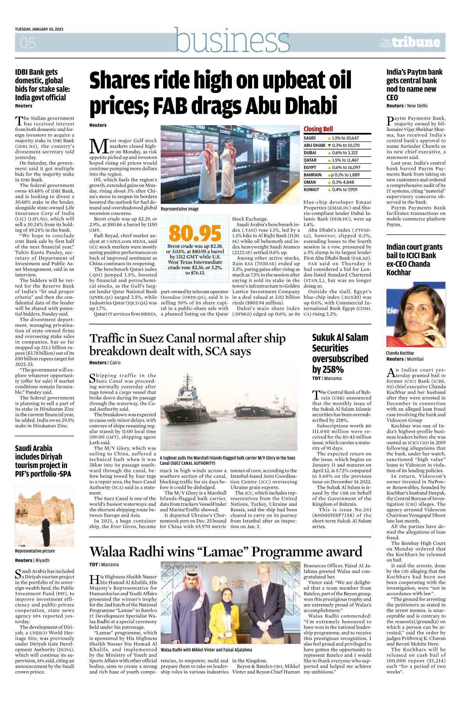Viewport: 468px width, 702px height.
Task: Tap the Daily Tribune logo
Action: [410, 42]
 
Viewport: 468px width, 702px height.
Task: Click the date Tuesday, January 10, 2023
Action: [39, 29]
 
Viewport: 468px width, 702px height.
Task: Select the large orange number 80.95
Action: [195, 233]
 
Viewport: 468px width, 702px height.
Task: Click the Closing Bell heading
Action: [318, 129]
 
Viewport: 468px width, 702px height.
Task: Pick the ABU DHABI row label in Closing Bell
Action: [314, 145]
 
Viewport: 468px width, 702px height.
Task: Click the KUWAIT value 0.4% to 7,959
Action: [345, 190]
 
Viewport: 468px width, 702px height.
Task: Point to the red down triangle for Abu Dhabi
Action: [329, 145]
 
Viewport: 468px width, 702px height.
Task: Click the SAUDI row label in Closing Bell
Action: [310, 138]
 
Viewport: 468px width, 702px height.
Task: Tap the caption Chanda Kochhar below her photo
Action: [400, 353]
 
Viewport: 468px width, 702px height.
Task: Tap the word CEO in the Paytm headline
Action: [392, 98]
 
